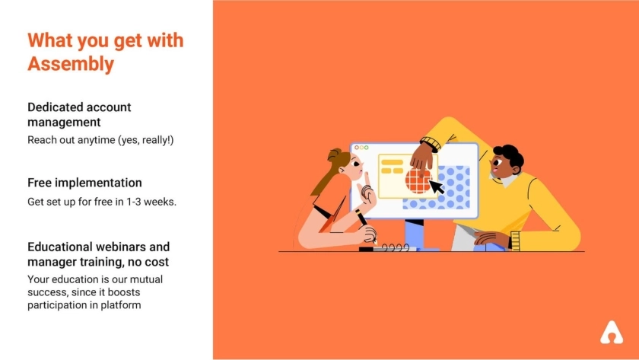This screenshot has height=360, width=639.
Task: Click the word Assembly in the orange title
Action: [x=71, y=64]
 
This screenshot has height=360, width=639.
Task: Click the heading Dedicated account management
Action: [x=79, y=115]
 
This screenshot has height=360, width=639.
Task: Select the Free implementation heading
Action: [x=84, y=183]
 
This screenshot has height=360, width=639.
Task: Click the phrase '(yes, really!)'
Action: [x=146, y=140]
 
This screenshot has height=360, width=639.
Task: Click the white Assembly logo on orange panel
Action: [x=612, y=333]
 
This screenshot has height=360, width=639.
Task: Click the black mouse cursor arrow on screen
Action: [x=436, y=186]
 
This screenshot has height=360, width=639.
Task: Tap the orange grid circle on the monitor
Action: [x=418, y=181]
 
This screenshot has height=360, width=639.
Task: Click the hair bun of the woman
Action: [x=334, y=155]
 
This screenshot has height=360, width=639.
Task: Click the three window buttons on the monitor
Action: [x=361, y=148]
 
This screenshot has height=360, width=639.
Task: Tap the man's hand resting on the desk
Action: [x=491, y=239]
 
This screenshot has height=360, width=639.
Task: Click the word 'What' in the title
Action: [x=50, y=40]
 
